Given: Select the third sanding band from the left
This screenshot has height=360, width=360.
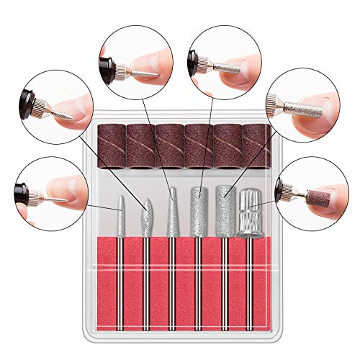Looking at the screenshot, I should click(x=169, y=145).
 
